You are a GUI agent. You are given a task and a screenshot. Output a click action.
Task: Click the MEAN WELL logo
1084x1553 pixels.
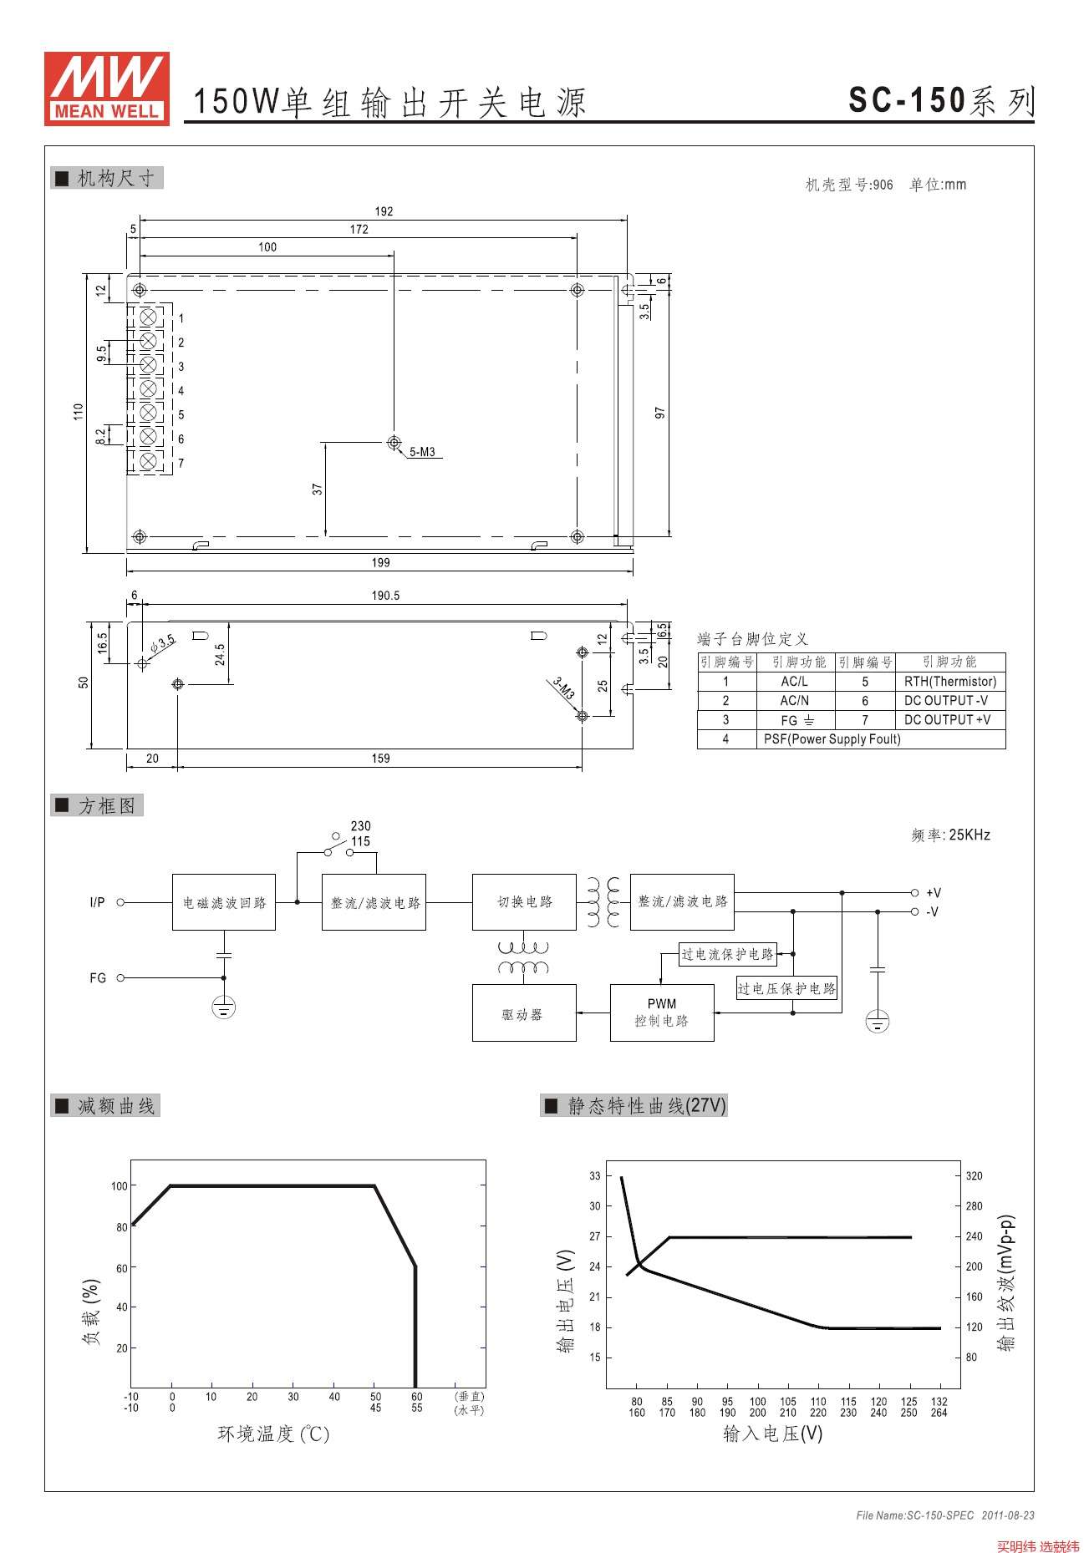107,89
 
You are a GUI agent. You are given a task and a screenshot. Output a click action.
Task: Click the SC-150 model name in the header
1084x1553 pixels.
907,101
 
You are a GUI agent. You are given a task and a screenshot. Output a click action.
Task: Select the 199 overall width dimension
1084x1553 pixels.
380,563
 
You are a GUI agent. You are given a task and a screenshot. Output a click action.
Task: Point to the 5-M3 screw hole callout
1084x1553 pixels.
422,452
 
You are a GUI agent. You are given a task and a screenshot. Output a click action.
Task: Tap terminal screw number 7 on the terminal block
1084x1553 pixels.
149,461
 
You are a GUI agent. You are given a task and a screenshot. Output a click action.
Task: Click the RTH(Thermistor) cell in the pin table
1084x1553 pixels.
950,682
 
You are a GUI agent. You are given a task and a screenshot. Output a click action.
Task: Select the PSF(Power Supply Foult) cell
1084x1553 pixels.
832,739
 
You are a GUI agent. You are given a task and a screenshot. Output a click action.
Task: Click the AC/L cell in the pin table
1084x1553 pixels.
794,682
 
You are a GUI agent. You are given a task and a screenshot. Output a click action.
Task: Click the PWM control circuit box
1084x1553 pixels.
662,1012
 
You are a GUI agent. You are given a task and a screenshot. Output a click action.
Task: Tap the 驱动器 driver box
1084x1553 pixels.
523,1013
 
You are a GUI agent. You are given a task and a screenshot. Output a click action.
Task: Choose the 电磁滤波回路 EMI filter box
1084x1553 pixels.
224,902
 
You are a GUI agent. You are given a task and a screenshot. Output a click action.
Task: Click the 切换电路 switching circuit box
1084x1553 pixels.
524,902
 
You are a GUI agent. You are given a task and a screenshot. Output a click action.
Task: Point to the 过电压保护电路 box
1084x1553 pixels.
786,988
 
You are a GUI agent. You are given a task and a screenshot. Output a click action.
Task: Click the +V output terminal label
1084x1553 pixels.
934,893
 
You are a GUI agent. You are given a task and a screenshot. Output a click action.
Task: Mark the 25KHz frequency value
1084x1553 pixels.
969,835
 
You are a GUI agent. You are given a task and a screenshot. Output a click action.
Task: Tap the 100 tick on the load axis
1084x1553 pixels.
120,1186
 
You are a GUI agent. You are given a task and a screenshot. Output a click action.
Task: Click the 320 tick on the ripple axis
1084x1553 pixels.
975,1176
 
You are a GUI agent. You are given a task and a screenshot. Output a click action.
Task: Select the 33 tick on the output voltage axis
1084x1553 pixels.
595,1176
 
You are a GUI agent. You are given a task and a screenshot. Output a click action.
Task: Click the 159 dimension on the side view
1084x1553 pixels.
380,759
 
